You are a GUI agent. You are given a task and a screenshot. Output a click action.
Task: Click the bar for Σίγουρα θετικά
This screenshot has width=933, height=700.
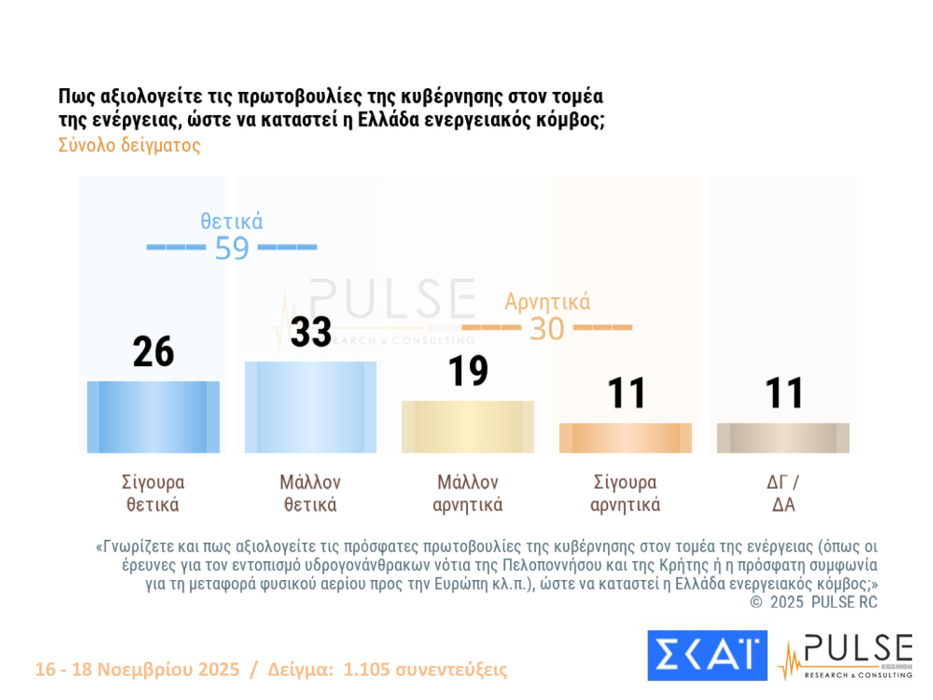pos(153,417)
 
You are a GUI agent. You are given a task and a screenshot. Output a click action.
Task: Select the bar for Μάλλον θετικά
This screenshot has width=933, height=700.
pos(310,407)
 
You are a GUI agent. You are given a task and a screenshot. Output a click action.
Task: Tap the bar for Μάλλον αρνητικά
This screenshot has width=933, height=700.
pos(467,426)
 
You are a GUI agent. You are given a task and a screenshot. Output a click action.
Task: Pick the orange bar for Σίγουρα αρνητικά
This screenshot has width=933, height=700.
pos(625,438)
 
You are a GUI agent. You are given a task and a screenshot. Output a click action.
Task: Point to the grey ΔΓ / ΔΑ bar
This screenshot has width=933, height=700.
pos(783,438)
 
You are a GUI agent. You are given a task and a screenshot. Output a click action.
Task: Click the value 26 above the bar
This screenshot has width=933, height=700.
pos(153,351)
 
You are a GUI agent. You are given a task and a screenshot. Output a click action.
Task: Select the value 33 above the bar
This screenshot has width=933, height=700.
pos(311,332)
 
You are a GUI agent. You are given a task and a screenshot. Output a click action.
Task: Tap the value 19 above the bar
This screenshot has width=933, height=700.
pos(468,371)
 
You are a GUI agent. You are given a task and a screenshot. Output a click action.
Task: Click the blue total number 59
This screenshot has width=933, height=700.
pos(231,248)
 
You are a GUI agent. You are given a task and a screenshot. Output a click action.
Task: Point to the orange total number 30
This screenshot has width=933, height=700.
pos(547,329)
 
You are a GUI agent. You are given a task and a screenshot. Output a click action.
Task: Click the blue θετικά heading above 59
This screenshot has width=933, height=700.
pos(231,222)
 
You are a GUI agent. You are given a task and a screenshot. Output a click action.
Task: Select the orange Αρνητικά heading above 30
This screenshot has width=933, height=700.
pos(547,302)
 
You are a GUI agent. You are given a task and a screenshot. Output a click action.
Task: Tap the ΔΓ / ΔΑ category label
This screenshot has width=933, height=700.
pos(783,493)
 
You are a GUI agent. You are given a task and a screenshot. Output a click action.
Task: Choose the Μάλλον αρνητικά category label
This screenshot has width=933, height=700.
pos(467,493)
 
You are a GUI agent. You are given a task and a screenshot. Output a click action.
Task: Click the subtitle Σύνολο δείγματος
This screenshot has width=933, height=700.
pos(129,145)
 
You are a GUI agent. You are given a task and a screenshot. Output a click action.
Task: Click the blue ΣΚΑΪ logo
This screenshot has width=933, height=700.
pos(707,655)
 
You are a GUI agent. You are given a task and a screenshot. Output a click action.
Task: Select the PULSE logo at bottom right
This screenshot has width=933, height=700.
pos(847,656)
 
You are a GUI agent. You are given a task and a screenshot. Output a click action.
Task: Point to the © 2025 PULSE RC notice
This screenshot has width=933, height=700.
pos(813,603)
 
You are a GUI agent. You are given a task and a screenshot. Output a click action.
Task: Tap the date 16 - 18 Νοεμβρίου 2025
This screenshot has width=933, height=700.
pos(137,669)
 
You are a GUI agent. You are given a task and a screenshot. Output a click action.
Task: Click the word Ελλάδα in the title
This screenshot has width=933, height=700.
pos(388,120)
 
